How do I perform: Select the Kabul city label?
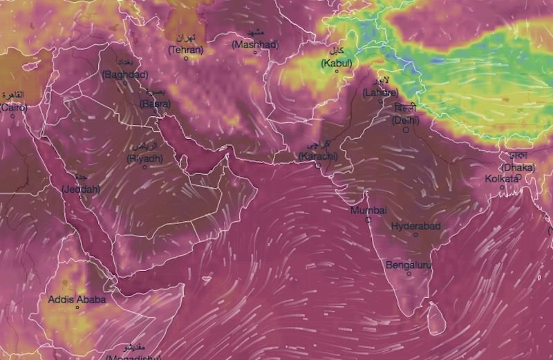[x=337, y=64]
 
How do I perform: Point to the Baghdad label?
[x=125, y=75]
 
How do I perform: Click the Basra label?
[x=155, y=104]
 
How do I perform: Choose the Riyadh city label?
[x=145, y=158]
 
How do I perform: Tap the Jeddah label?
[x=81, y=189]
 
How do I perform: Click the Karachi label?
[x=319, y=157]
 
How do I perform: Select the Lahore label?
[x=380, y=93]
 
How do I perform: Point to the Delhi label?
[x=405, y=120]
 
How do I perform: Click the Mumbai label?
[x=368, y=210]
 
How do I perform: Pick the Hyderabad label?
[x=416, y=226]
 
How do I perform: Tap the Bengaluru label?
[x=409, y=265]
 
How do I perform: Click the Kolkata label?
[x=501, y=178]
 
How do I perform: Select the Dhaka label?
[x=518, y=167]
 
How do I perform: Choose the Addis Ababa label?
[x=77, y=299]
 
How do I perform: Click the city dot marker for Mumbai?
[x=368, y=220]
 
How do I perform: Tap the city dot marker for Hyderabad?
[x=416, y=235]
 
